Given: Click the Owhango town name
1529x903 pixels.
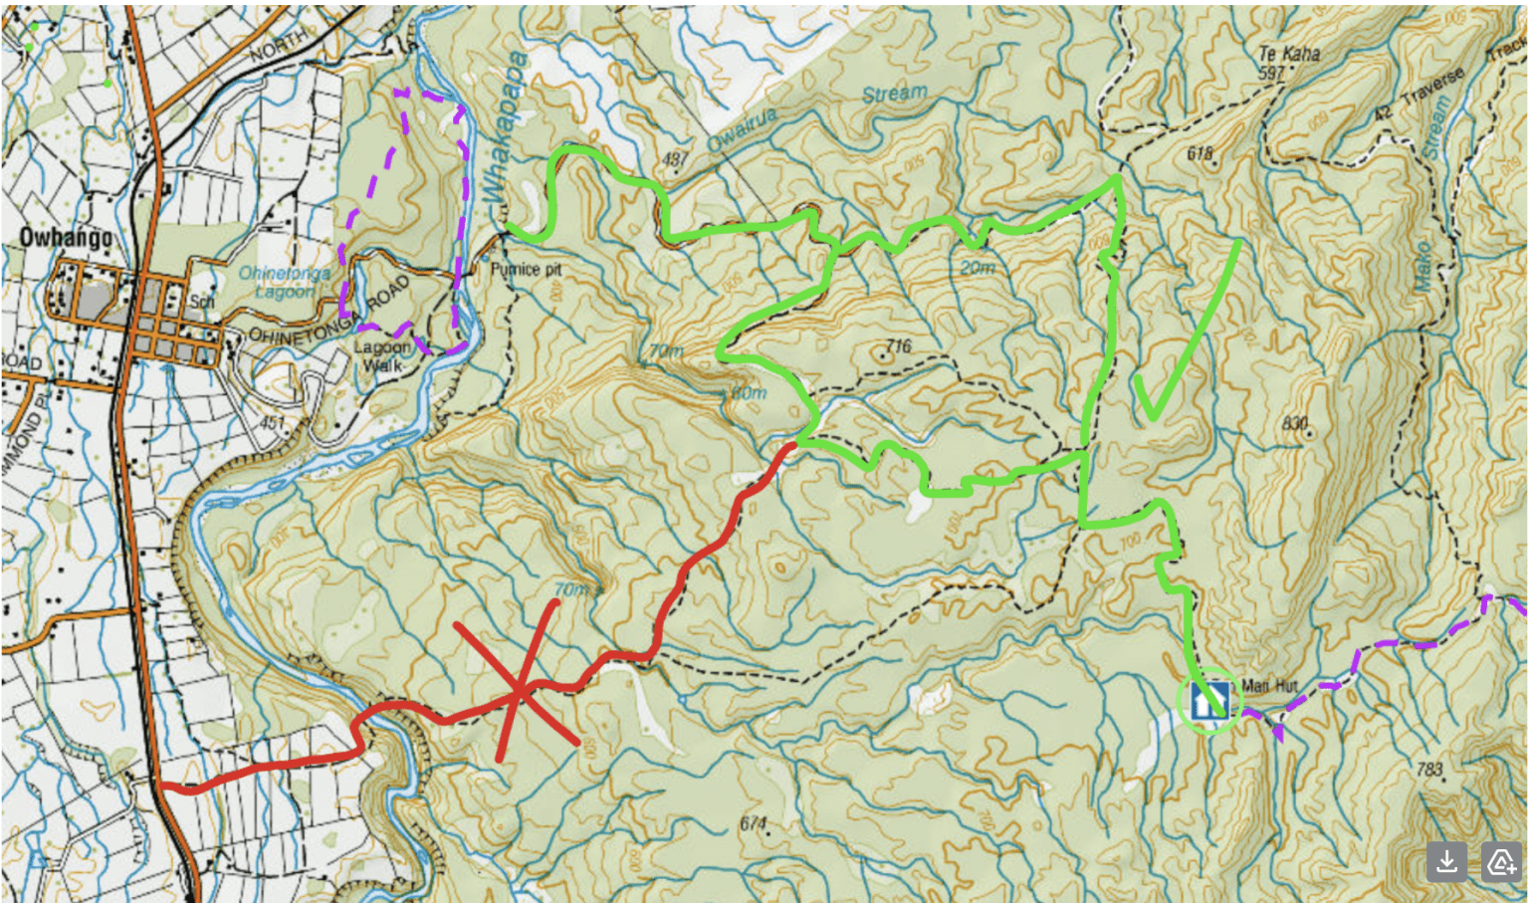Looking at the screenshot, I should click(x=66, y=238).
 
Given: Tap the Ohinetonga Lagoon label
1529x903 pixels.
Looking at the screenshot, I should click(x=285, y=282).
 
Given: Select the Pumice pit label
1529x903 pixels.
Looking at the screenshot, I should click(x=527, y=269).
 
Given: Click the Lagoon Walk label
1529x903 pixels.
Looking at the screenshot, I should click(x=382, y=355).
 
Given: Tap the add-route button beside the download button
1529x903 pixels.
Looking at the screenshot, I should click(x=1500, y=862).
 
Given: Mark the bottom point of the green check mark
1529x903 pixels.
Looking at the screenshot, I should click(x=1153, y=414).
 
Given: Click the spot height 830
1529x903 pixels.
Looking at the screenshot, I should click(x=1294, y=423).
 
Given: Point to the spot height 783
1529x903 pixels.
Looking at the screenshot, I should click(x=1429, y=769).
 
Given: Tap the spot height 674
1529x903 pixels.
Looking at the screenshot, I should click(x=754, y=823).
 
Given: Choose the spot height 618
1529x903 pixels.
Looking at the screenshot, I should click(x=1201, y=152).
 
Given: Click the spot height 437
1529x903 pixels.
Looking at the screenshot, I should click(x=675, y=159).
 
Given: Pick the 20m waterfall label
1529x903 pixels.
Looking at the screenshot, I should click(x=978, y=268).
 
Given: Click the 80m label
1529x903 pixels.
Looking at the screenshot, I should click(x=749, y=393).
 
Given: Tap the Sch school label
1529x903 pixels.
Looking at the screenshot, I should click(x=202, y=302).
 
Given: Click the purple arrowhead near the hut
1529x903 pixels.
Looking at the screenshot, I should click(x=1277, y=732).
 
